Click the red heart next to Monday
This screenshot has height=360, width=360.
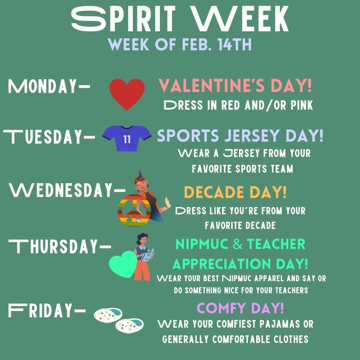click(127, 94)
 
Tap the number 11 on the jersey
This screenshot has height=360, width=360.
click(127, 139)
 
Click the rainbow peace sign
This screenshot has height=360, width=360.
click(134, 211)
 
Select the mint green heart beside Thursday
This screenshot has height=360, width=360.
click(123, 264)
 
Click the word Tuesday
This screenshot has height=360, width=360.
click(43, 137)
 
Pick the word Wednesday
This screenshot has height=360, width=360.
click(60, 190)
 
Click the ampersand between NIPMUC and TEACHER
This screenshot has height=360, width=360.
click(238, 244)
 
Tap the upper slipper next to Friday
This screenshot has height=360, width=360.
click(108, 315)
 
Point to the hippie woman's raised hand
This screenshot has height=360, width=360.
click(167, 202)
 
